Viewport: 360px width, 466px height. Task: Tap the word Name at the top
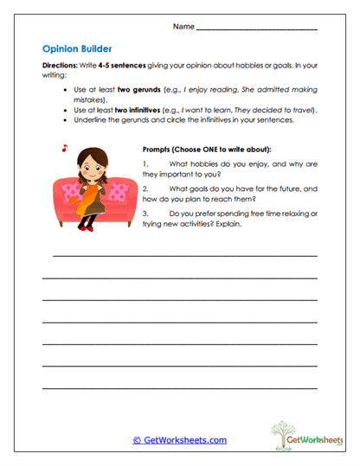point(183,27)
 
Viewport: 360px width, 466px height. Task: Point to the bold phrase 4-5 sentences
point(121,66)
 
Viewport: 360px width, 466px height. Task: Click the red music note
point(64,148)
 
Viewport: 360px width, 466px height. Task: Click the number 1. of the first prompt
point(146,163)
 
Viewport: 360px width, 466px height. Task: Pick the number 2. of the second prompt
point(146,188)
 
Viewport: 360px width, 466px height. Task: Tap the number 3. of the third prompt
point(146,213)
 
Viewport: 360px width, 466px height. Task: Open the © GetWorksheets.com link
point(180,440)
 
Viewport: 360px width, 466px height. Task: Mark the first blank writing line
point(184,256)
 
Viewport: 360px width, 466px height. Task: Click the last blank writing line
point(179,386)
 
